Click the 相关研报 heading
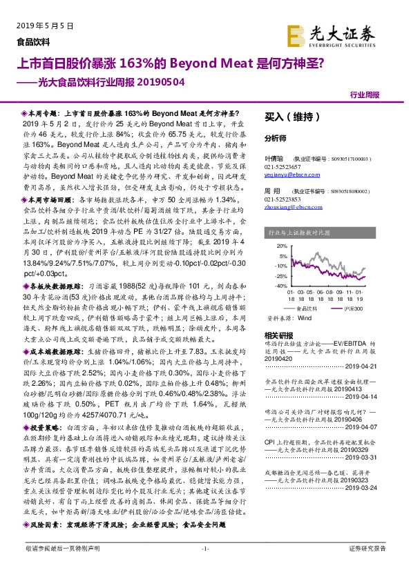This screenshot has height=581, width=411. (x=278, y=335)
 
